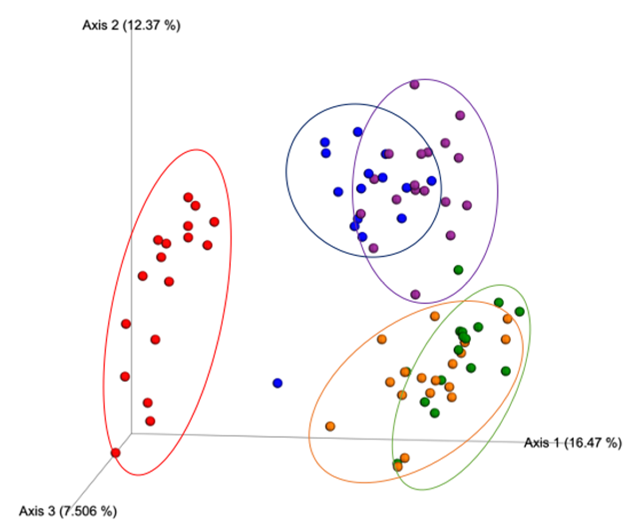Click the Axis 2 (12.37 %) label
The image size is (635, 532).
tap(131, 25)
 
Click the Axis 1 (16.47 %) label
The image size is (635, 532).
tap(573, 443)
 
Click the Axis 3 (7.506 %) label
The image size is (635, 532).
tap(68, 511)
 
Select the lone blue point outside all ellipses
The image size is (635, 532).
tap(277, 383)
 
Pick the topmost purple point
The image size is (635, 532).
tap(415, 85)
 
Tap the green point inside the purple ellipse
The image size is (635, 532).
tap(458, 270)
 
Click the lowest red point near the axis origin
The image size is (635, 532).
tap(115, 453)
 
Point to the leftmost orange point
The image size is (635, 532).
tap(330, 426)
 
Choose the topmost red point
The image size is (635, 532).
tap(188, 197)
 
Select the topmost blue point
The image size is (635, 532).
tap(358, 132)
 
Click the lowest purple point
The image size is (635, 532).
tap(415, 294)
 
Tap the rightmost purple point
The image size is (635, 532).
tap(467, 205)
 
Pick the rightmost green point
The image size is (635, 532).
tap(520, 311)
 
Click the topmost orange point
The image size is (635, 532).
tap(435, 316)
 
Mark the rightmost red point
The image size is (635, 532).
tap(215, 222)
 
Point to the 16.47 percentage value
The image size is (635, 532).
tap(588, 443)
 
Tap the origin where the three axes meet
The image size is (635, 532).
tap(131, 434)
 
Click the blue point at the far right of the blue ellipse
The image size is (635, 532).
tap(431, 181)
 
